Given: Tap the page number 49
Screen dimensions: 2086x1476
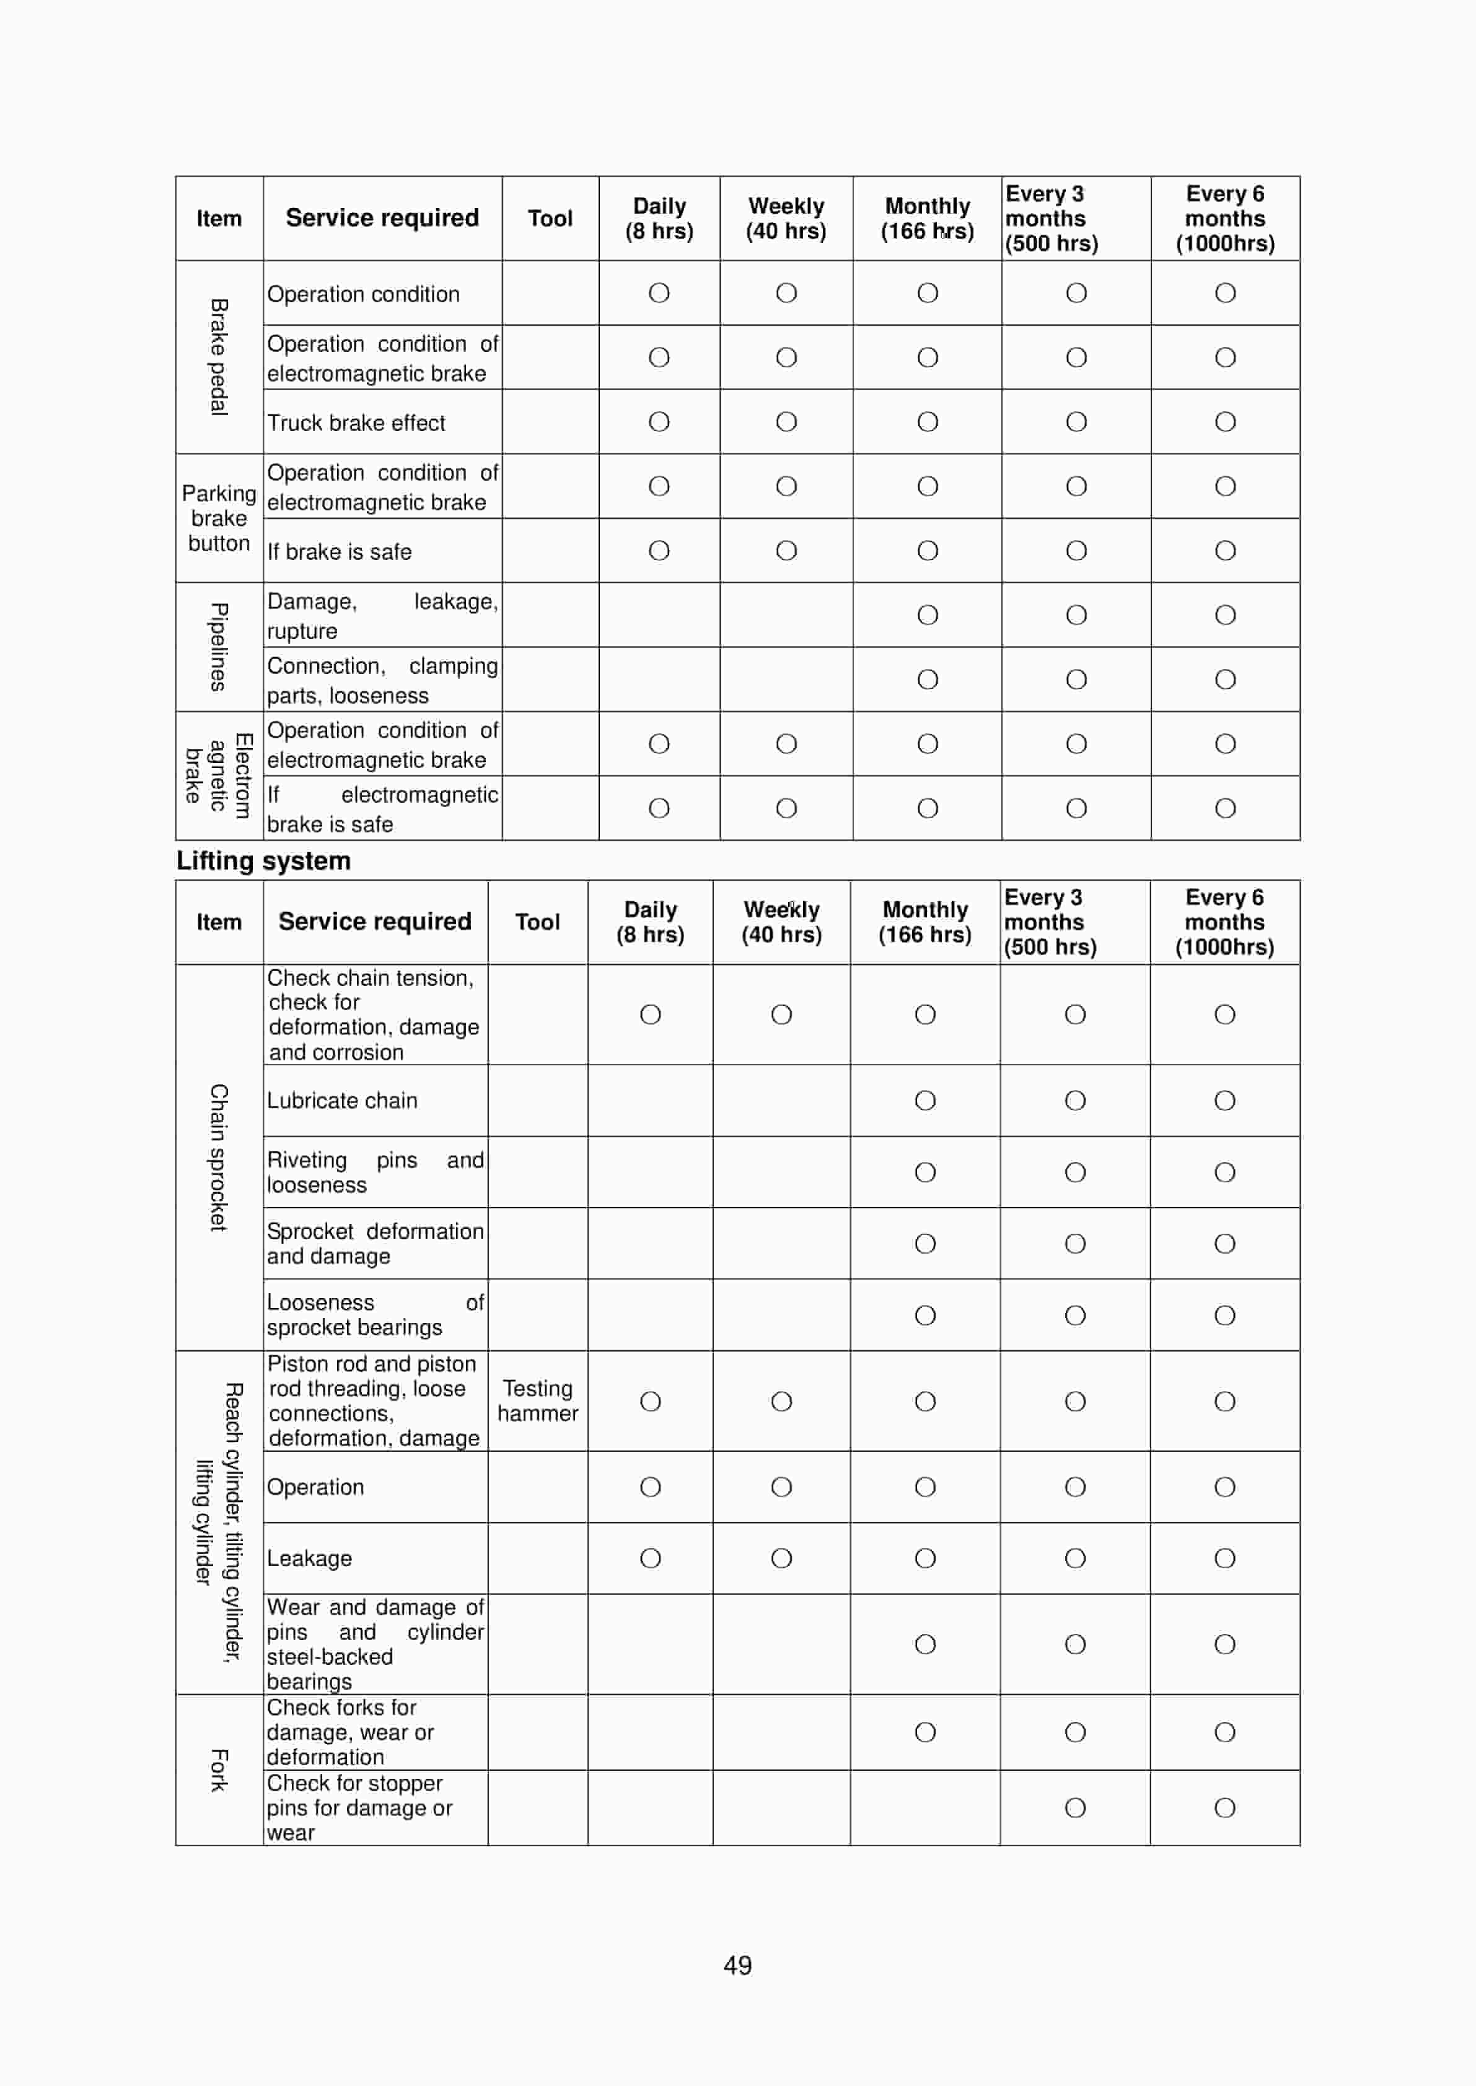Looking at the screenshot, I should point(737,1965).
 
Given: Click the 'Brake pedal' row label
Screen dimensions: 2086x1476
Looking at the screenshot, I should point(218,357).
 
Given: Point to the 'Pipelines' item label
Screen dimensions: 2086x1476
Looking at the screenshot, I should point(218,646).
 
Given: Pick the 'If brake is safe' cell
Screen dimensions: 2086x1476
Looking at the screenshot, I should point(339,551).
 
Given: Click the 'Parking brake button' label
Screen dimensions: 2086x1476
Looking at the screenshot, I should point(218,518).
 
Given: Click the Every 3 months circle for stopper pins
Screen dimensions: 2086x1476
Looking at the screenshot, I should point(1075,1807).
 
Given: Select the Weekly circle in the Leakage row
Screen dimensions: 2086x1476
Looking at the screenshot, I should point(781,1558).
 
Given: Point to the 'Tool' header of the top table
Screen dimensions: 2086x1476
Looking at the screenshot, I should point(550,218).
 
